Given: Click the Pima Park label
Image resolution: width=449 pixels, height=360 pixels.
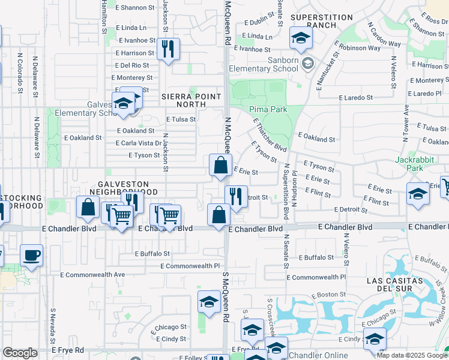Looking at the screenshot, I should point(268,109).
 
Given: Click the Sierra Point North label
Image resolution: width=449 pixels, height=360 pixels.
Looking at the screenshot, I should point(191,100).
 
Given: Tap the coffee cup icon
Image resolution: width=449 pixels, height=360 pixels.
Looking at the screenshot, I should point(31,255).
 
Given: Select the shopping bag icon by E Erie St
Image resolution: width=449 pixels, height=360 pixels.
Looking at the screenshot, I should point(220,164).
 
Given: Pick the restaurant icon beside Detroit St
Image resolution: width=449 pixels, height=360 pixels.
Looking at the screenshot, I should point(236,196).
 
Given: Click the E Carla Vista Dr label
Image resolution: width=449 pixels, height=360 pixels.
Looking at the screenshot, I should point(138,143).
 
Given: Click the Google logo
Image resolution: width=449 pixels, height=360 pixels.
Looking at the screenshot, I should point(20,353).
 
